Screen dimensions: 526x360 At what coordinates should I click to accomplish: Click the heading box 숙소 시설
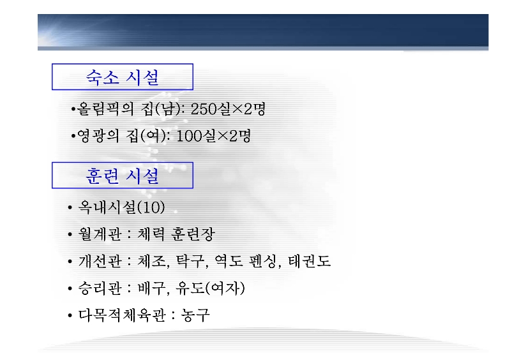coord(123,77)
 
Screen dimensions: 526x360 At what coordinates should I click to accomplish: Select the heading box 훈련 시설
coord(123,175)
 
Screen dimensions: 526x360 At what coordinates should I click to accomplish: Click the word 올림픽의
coord(105,109)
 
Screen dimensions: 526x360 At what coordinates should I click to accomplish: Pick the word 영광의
coord(98,136)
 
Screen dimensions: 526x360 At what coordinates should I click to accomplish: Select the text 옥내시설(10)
coord(121,207)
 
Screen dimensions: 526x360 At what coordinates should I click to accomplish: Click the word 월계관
coord(100,234)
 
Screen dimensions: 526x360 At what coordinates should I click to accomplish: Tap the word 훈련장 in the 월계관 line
coord(193,234)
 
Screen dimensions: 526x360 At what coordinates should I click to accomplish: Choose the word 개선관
coord(100,261)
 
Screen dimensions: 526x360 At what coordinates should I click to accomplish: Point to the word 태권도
coord(310,261)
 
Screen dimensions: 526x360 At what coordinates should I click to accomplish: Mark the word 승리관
coord(100,289)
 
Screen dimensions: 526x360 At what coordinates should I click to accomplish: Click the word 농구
coord(195,315)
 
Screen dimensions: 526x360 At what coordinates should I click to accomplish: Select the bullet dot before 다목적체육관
coord(70,315)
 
